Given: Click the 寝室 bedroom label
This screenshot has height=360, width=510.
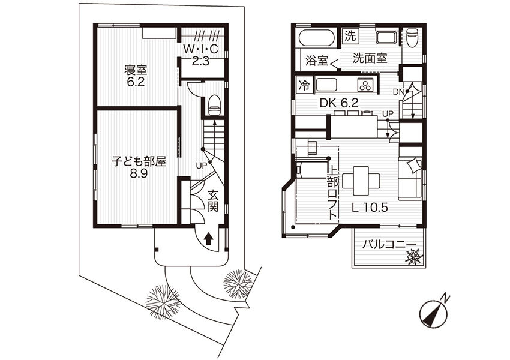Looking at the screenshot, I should point(136,76).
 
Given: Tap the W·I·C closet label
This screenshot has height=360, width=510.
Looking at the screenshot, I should point(200,54).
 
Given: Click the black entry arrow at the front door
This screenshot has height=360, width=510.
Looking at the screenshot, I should point(208,239).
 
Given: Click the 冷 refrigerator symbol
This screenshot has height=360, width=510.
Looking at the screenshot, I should point(305,85).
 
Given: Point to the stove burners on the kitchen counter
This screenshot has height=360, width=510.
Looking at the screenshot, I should point(365,85).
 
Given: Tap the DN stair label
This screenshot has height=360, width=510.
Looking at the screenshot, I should point(399,92).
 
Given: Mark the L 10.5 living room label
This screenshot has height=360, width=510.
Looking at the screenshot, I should point(370,208).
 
